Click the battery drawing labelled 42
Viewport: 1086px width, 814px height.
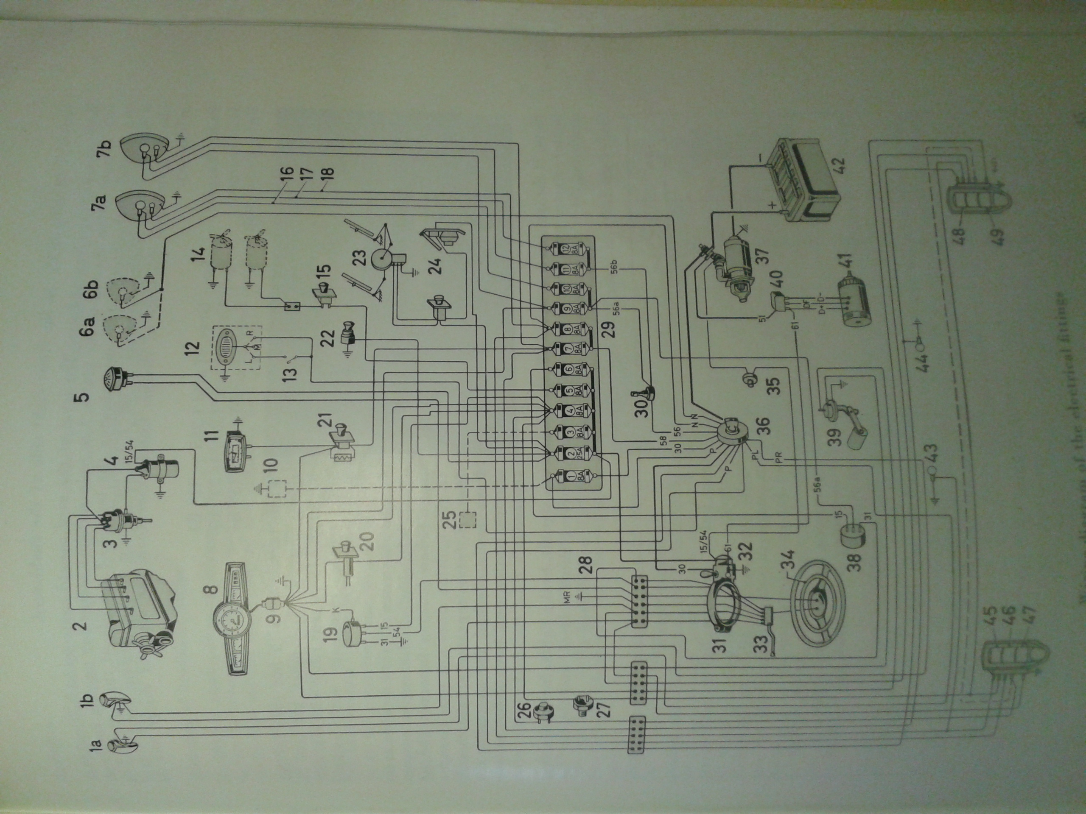[x=805, y=181]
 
